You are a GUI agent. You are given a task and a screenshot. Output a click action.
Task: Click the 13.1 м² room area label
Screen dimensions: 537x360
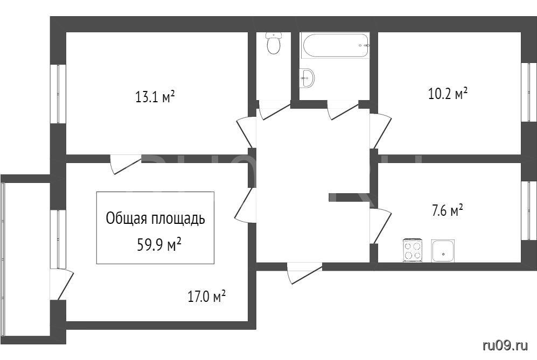[155, 97]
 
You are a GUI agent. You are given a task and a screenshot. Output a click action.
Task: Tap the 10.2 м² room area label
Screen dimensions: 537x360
[448, 93]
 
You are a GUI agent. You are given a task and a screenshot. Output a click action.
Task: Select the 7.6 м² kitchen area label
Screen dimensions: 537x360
[447, 210]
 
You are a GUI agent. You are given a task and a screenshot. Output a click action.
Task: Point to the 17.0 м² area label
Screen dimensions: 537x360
[206, 297]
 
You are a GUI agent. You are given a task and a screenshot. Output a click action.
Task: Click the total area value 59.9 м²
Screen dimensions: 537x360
[159, 245]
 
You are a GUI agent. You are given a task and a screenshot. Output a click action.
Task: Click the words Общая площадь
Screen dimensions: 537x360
[156, 218]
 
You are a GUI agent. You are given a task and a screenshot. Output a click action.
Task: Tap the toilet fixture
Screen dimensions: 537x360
[274, 43]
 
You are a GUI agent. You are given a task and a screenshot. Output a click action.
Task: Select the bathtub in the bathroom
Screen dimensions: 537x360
[335, 45]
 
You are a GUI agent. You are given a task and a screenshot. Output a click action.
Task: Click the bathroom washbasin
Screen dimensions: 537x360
[307, 79]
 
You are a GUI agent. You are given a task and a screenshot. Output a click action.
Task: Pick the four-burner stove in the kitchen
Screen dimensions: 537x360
[413, 250]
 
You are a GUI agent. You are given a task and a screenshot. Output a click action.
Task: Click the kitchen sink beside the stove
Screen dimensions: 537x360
[443, 251]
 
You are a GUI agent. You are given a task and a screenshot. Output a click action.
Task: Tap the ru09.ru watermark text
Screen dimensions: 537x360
[505, 345]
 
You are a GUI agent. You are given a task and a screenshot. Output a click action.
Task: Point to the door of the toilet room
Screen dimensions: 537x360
[274, 110]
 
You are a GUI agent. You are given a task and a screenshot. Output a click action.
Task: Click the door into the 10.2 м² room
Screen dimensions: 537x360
[380, 131]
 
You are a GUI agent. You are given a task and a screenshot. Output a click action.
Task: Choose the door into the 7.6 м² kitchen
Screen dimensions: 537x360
[380, 226]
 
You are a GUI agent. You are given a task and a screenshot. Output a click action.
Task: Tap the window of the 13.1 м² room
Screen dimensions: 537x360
[58, 94]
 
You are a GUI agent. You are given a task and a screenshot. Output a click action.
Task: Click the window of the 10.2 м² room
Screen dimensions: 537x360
[529, 91]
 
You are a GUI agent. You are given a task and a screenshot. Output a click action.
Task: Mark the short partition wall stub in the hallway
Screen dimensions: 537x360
[349, 197]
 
